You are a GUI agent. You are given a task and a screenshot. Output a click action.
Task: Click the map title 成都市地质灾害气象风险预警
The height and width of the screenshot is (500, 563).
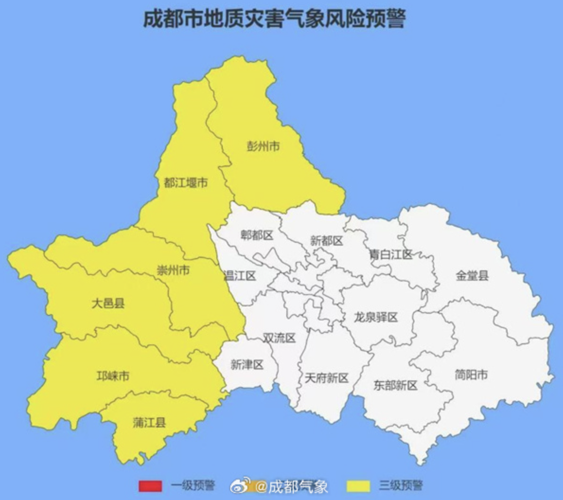tap(274, 20)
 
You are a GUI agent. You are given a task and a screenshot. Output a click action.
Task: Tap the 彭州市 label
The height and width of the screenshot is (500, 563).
tap(263, 146)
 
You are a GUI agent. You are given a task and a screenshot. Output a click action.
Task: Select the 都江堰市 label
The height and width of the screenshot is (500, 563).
tap(186, 182)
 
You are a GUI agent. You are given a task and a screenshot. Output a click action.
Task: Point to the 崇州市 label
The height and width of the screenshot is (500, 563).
tap(173, 270)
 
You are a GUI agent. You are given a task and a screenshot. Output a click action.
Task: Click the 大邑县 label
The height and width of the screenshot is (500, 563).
tap(108, 303)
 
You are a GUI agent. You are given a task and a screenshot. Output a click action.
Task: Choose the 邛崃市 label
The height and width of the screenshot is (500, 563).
tap(113, 376)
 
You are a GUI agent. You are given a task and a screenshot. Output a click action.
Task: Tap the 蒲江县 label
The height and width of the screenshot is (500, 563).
tap(150, 422)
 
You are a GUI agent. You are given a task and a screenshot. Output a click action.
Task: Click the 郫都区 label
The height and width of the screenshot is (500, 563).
tap(257, 235)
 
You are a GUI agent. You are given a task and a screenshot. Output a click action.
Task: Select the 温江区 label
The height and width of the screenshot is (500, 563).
tap(240, 276)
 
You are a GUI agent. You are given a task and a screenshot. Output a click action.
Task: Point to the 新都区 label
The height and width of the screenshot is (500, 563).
tap(326, 241)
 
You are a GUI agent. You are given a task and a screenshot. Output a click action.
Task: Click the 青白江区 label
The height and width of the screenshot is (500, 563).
tap(391, 254)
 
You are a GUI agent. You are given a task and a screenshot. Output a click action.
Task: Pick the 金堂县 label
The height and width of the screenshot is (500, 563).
tap(472, 276)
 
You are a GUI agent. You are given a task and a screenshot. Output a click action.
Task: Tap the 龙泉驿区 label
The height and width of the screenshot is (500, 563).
tap(376, 317)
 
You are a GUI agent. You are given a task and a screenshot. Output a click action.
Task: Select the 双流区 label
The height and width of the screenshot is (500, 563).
tap(279, 338)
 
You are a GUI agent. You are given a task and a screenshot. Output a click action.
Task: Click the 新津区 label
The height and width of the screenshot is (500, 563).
tap(247, 365)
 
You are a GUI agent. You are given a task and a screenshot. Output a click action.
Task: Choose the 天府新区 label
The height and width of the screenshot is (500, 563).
tap(326, 378)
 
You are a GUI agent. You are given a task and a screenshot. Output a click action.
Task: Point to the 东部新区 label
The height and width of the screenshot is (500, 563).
tap(396, 385)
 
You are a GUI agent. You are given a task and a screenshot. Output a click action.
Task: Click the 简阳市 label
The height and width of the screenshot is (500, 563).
tap(471, 375)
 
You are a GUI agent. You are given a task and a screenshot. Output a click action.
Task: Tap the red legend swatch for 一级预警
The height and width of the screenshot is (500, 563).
tap(150, 486)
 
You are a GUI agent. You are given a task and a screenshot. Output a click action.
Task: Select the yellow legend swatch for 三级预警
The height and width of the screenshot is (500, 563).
tap(359, 486)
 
